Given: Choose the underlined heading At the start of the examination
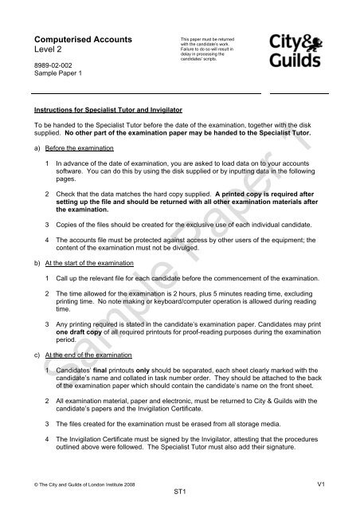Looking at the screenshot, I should (92, 261).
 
